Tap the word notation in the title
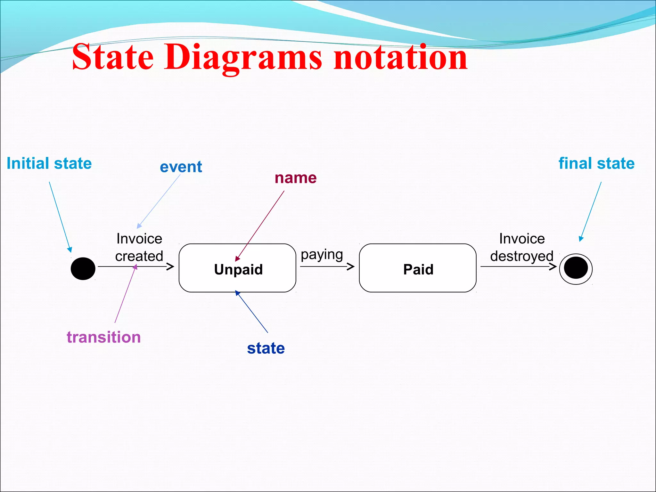click(x=400, y=58)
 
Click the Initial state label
click(x=49, y=163)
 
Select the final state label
click(x=596, y=163)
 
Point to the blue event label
click(x=181, y=167)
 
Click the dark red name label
click(x=296, y=178)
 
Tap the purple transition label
click(x=104, y=337)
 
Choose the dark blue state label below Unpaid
click(x=266, y=348)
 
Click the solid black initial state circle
click(x=83, y=268)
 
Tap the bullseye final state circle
click(x=576, y=268)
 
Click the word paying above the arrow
click(x=322, y=255)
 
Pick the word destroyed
click(x=522, y=256)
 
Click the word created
click(x=139, y=256)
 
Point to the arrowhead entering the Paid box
click(x=351, y=266)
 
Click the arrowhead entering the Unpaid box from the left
click(x=171, y=266)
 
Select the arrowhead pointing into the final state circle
click(x=553, y=266)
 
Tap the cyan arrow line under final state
click(x=591, y=210)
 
